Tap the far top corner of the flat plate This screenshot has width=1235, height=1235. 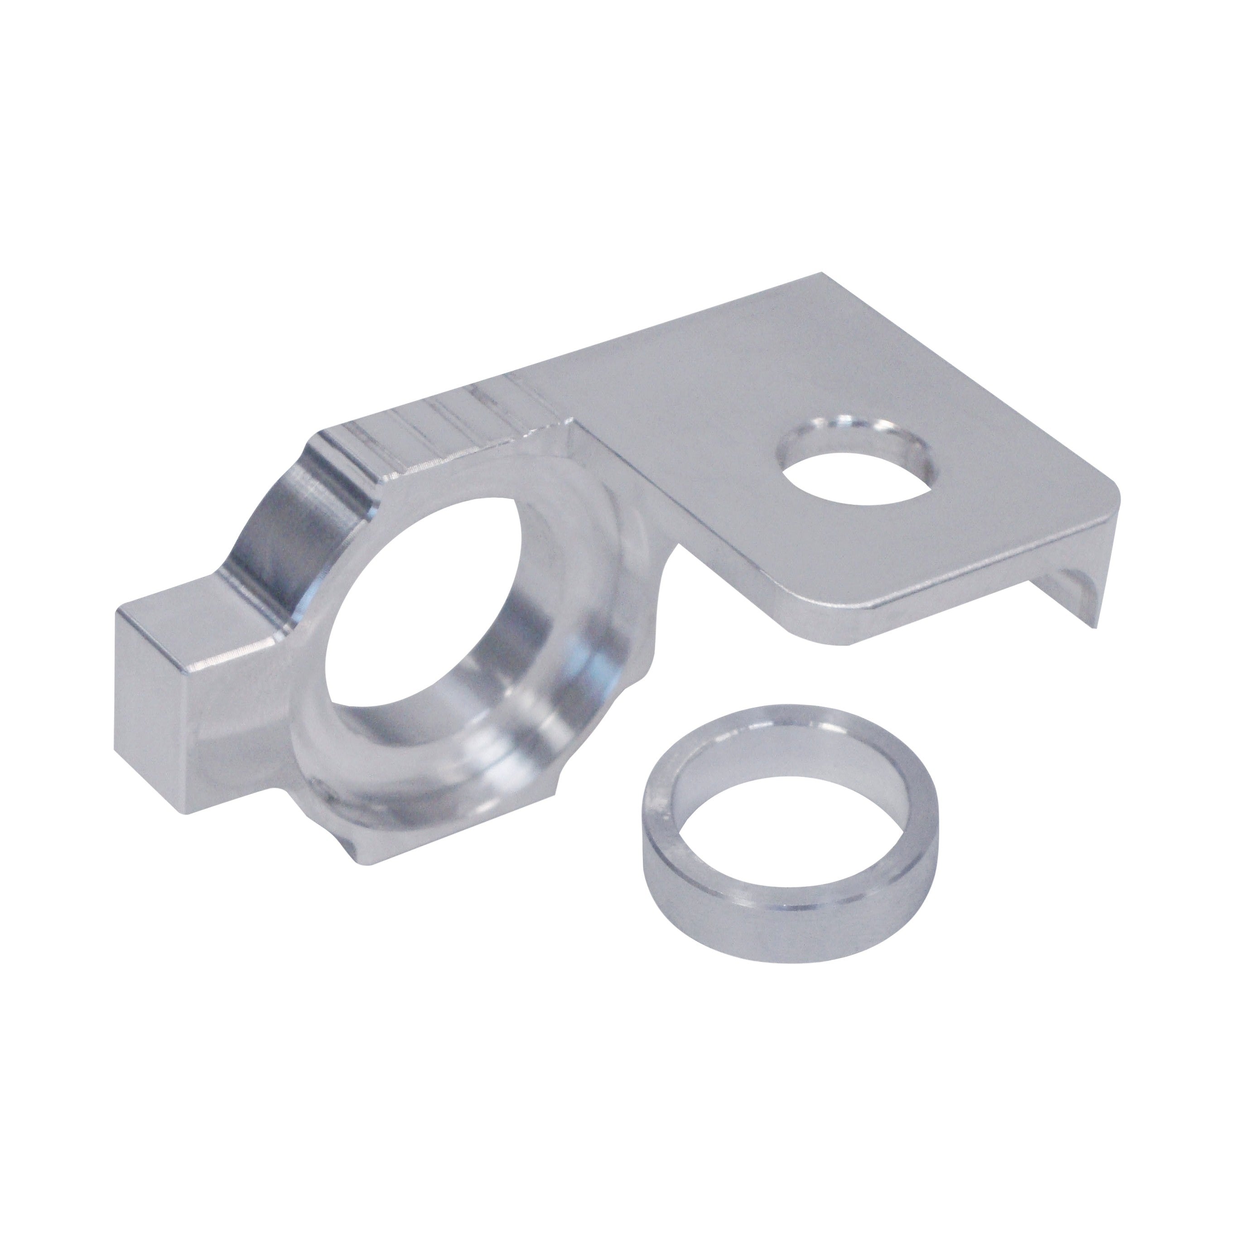821,276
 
